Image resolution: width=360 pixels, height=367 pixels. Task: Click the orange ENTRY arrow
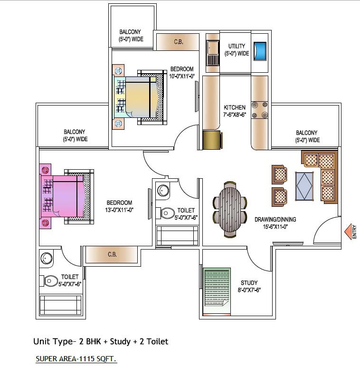348,232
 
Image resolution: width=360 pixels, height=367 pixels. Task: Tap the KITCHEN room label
235,107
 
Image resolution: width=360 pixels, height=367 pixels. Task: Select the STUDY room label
249,283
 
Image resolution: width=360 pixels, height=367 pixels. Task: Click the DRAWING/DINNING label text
275,220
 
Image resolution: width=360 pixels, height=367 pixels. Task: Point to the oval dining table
230,210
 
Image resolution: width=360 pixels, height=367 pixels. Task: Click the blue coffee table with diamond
304,186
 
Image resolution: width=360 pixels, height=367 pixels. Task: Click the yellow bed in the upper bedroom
138,97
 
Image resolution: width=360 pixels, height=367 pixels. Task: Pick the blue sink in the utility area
260,51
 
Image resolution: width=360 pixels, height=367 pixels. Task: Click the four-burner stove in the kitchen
259,110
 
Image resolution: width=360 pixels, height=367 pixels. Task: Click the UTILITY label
237,46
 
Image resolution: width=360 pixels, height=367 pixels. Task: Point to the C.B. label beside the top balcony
179,42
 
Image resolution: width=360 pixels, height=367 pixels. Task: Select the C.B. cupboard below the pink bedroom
112,254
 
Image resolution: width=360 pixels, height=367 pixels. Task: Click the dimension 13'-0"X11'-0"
119,210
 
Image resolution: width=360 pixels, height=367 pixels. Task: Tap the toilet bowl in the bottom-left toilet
51,280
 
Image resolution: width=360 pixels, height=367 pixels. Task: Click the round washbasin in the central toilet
163,191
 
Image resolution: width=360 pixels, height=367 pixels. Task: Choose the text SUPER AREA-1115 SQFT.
76,359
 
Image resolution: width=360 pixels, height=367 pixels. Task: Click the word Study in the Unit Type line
120,341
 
